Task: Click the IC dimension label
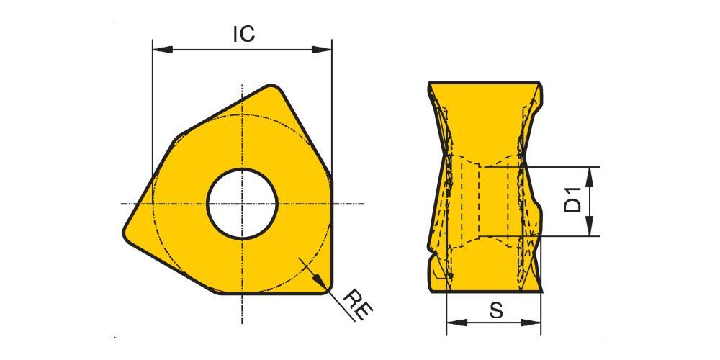click(x=243, y=34)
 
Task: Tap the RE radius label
click(x=358, y=305)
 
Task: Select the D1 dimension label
click(x=572, y=199)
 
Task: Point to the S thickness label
click(x=496, y=311)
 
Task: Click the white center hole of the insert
click(x=242, y=204)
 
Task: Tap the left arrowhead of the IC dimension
click(x=162, y=49)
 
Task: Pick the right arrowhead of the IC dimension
click(x=321, y=49)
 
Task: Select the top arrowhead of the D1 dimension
click(x=590, y=177)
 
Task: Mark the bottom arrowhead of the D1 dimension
click(x=590, y=226)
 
